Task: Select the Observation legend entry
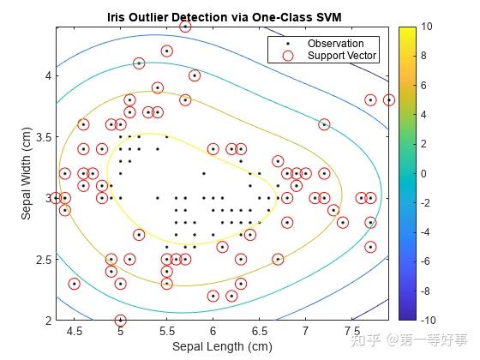click(x=335, y=44)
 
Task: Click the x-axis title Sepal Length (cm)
click(x=222, y=346)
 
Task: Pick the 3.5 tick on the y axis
click(x=44, y=136)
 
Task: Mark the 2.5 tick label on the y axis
click(x=44, y=259)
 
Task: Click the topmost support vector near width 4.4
click(x=185, y=27)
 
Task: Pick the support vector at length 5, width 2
click(x=120, y=320)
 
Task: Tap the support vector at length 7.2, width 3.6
click(x=324, y=124)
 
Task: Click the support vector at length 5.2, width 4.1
click(x=139, y=63)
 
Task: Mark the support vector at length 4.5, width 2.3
click(x=74, y=284)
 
